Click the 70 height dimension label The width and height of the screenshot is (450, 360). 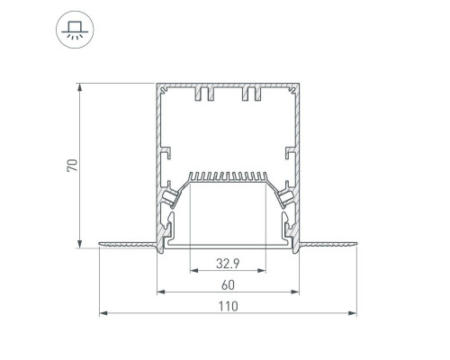pos(72,166)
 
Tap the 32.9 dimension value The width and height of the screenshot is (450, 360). pos(228,264)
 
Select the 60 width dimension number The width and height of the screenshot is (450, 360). pos(228,285)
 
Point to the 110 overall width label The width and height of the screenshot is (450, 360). pos(228,307)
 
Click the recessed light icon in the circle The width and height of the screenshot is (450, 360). pos(75,30)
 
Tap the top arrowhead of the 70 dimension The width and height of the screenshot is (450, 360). pos(80,87)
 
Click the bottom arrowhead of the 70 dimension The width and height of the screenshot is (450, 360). pos(80,244)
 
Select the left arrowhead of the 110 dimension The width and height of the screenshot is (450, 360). pos(103,313)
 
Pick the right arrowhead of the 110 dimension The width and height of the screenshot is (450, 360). pos(352,313)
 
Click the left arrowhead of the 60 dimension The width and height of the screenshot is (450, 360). pos(161,292)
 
